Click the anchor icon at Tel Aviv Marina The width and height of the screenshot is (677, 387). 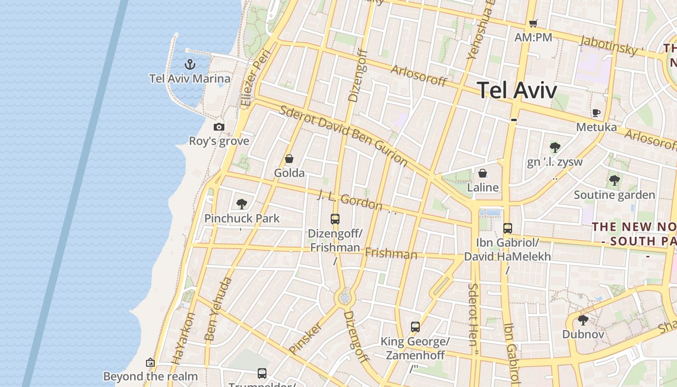click(x=190, y=64)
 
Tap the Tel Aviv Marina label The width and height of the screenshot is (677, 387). click(x=190, y=78)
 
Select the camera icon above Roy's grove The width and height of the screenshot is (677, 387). click(x=219, y=127)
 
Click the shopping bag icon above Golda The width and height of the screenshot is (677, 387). click(x=289, y=159)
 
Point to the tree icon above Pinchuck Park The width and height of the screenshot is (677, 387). click(x=242, y=204)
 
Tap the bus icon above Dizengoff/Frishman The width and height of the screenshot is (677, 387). click(x=335, y=219)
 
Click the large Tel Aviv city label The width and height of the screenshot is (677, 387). click(x=517, y=90)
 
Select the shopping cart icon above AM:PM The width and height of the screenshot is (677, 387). click(x=533, y=23)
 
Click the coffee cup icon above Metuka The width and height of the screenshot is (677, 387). click(x=596, y=113)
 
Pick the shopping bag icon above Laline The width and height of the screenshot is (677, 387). click(x=483, y=173)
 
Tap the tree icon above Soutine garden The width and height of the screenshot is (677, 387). click(x=614, y=180)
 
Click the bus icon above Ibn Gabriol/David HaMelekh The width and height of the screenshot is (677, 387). click(x=507, y=228)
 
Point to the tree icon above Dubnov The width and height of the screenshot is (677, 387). click(x=583, y=320)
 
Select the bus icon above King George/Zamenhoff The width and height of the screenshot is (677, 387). click(x=415, y=327)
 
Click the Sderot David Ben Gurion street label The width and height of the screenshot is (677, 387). click(x=344, y=136)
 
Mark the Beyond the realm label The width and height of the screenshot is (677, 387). click(x=150, y=376)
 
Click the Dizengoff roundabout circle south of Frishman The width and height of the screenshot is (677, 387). click(x=344, y=298)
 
